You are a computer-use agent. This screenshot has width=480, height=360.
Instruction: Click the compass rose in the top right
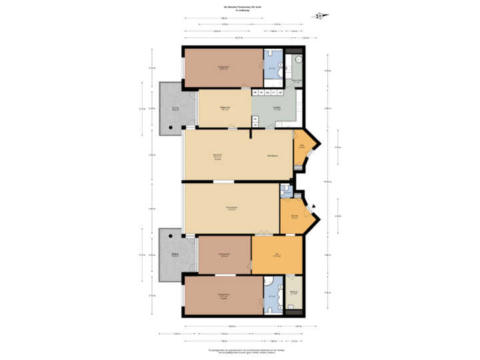click(321, 15)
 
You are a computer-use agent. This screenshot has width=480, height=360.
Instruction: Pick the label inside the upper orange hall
click(301, 147)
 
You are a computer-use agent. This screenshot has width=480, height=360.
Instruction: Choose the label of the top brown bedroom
click(223, 67)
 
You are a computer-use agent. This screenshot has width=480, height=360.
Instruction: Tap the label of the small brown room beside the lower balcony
click(224, 255)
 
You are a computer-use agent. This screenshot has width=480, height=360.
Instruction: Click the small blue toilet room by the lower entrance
click(286, 191)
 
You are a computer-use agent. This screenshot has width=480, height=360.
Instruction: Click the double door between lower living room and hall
click(263, 233)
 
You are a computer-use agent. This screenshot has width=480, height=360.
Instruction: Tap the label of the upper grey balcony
click(175, 109)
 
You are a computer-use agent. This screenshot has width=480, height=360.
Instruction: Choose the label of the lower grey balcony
click(175, 255)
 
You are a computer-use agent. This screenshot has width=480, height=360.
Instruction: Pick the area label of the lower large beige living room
click(231, 209)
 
